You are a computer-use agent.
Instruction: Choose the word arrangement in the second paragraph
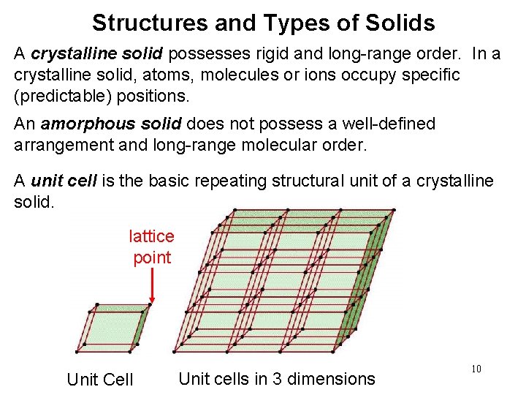click(x=62, y=145)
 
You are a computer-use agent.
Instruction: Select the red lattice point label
click(x=151, y=247)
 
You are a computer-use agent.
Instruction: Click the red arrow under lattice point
click(x=151, y=285)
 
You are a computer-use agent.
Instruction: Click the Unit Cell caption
click(x=100, y=379)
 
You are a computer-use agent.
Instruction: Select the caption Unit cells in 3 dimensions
click(x=276, y=379)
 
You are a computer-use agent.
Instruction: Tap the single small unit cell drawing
click(x=114, y=328)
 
